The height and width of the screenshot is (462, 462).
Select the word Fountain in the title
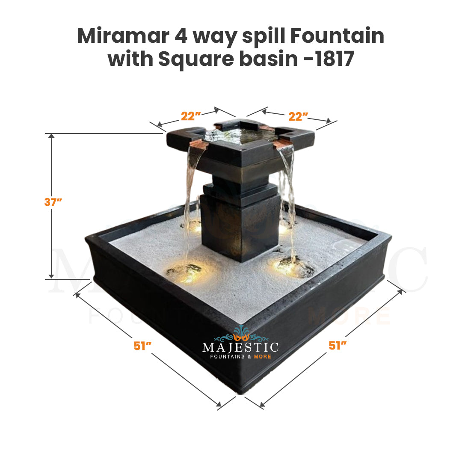337,36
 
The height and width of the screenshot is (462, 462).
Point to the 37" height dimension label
53,202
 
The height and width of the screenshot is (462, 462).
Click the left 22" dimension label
191,116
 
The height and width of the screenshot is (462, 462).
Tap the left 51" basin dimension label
142,346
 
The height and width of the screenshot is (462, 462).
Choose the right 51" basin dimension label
338,345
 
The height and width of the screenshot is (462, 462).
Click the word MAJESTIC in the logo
240,347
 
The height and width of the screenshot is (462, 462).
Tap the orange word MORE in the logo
263,356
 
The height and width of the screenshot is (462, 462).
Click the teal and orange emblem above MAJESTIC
241,334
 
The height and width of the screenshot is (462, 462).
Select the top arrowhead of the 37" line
51,136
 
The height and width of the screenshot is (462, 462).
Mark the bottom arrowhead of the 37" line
51,276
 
